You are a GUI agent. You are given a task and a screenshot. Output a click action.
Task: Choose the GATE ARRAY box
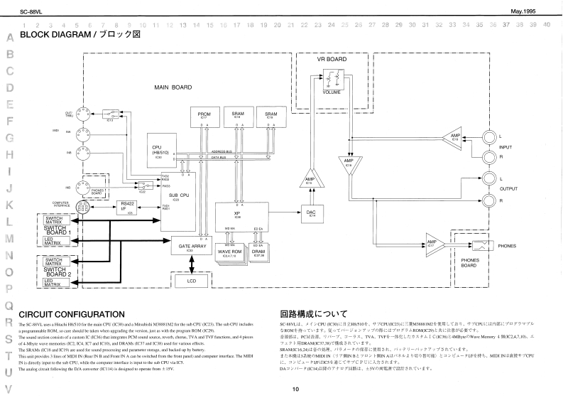(190, 247)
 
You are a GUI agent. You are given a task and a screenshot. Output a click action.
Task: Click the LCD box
(190, 281)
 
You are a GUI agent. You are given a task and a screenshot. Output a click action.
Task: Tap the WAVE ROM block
(229, 252)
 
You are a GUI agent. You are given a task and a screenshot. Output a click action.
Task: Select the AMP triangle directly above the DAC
(310, 179)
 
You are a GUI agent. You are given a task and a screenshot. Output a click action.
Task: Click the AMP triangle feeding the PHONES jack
(432, 244)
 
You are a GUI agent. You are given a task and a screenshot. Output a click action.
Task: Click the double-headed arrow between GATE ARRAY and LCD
(190, 264)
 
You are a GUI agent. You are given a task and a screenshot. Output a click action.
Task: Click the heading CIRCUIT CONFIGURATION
(73, 313)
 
